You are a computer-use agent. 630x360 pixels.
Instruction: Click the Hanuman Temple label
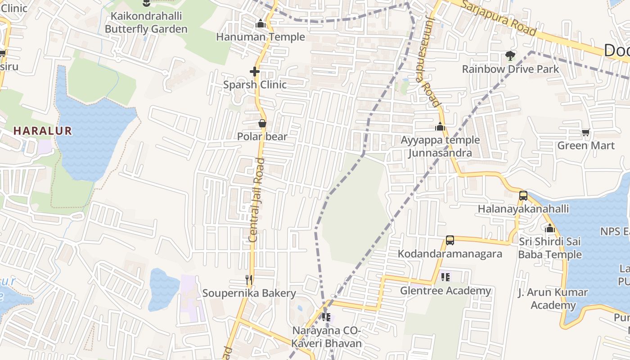(260, 37)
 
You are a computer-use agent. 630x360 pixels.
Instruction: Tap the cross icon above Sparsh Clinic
(255, 71)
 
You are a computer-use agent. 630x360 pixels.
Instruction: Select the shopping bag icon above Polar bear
(262, 123)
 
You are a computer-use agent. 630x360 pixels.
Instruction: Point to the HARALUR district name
(42, 131)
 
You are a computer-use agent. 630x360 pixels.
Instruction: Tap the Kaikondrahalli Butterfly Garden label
(146, 23)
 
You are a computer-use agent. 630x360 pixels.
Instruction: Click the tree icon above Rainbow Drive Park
(510, 56)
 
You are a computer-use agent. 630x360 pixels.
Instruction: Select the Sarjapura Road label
(499, 18)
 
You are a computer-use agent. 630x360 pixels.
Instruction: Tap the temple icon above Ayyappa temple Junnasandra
(440, 126)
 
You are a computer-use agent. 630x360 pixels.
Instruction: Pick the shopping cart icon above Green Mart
(585, 132)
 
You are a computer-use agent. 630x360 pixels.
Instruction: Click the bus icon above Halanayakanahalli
(523, 196)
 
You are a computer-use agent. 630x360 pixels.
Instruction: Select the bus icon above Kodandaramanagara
(450, 240)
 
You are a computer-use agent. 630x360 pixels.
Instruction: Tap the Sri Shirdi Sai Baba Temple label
(550, 248)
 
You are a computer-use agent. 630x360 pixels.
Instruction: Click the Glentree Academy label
(445, 291)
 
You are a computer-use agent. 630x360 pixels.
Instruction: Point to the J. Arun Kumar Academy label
(553, 299)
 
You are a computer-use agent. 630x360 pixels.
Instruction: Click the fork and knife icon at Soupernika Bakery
(249, 279)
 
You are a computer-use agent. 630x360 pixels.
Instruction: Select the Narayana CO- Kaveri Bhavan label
(327, 337)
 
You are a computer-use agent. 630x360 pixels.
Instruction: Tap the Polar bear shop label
(262, 136)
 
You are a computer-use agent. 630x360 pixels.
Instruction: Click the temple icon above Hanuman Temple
(260, 23)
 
